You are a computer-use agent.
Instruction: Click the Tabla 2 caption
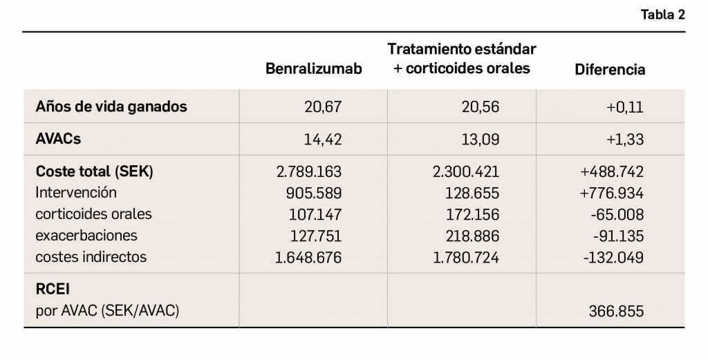tap(662, 16)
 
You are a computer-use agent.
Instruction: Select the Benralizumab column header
tap(313, 69)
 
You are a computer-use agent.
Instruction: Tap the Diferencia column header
tap(610, 69)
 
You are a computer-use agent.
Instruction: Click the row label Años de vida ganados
tap(111, 107)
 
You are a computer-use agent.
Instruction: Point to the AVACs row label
tap(58, 139)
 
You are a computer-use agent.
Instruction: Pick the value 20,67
tap(323, 107)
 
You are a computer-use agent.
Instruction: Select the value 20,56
tap(480, 107)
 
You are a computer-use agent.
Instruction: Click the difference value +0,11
tap(626, 107)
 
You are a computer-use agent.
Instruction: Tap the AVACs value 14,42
tap(323, 139)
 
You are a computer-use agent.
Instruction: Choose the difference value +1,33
tap(626, 139)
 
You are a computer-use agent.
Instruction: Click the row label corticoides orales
tap(93, 214)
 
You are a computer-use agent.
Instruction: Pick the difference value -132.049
tap(613, 257)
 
